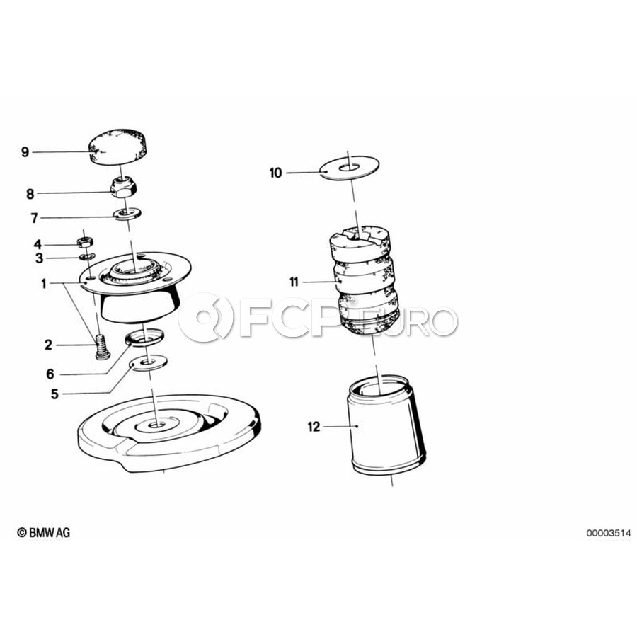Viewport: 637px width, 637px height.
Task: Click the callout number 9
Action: (25, 152)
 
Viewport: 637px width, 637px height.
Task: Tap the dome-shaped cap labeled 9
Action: (117, 147)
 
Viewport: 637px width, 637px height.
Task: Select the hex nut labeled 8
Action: (123, 188)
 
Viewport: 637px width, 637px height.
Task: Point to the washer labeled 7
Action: (128, 213)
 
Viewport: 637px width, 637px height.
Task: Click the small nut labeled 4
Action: (85, 242)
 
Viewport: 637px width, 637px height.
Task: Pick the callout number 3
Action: (39, 258)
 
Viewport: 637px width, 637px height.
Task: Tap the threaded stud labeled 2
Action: (103, 347)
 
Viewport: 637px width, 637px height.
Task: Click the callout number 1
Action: (44, 284)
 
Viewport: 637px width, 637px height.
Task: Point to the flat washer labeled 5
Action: (149, 361)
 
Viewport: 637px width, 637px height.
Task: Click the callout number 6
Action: (50, 374)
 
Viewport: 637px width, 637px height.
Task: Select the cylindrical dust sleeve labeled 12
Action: (386, 425)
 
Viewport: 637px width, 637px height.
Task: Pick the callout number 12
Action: (314, 427)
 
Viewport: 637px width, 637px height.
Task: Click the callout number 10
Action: (275, 173)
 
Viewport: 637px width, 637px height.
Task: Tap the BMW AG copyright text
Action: (43, 532)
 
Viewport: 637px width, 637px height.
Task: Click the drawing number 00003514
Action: (608, 533)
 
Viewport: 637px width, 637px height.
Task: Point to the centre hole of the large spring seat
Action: (156, 425)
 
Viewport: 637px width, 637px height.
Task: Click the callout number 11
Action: (294, 282)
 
